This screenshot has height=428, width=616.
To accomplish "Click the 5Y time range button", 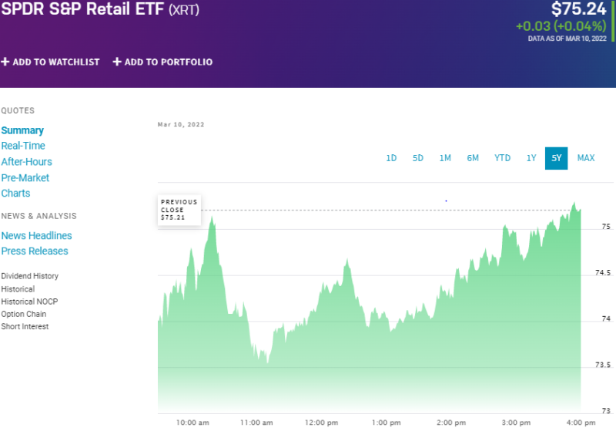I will (556, 158).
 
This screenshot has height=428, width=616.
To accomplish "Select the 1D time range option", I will (391, 158).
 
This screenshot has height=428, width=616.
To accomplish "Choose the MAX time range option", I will (586, 158).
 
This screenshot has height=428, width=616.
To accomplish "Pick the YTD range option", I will (502, 158).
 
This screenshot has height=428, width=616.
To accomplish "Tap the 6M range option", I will (473, 158).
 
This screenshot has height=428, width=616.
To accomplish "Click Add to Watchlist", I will (51, 62).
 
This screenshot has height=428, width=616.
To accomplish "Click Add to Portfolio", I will (162, 62).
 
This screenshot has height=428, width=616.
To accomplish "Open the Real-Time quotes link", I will (23, 146).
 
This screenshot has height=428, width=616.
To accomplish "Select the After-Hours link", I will (27, 162).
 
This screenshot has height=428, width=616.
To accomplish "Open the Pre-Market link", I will (25, 177).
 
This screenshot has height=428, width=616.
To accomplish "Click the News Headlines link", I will (37, 236).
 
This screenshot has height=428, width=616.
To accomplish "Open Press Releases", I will (35, 251).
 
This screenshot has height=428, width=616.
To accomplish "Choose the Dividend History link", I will (30, 276).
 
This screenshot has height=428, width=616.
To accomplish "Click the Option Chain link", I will (24, 314).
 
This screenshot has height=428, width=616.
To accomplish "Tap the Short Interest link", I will (25, 326).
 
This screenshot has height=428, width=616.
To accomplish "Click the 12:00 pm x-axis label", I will (321, 423).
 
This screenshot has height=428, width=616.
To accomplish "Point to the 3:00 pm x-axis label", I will (515, 423).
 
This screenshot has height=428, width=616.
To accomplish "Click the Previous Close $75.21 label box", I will (179, 210).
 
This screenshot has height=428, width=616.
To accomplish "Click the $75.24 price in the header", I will (579, 9).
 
